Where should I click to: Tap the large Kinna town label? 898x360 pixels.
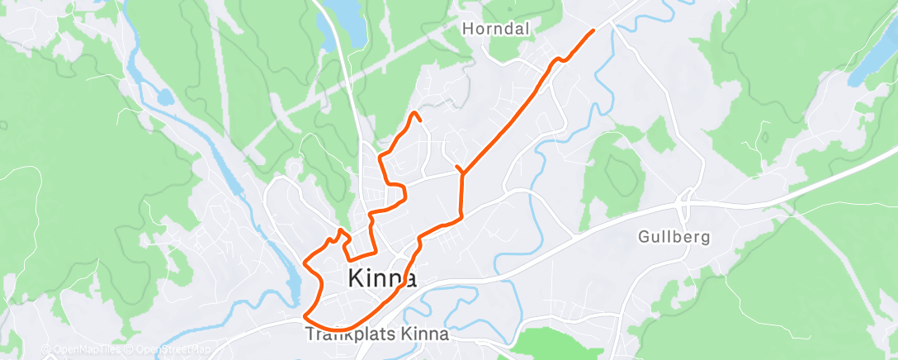click(382, 278)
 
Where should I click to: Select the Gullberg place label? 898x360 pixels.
click(674, 238)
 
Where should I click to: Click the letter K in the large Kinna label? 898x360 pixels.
click(357, 278)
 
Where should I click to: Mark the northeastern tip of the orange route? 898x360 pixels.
click(593, 31)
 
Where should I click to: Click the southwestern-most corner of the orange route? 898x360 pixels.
click(305, 315)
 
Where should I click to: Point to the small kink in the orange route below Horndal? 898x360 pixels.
click(560, 59)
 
